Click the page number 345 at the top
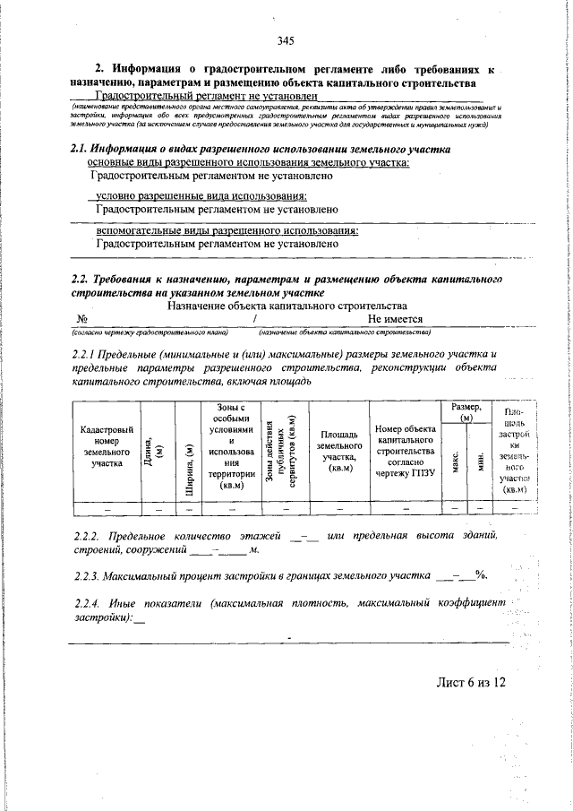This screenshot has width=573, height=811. coord(286,40)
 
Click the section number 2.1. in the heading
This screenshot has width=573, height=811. coord(84,150)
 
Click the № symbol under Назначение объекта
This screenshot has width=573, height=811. coord(81,318)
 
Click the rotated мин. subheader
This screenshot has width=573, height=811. coord(479,463)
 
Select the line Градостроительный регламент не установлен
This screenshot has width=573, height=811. coord(207,96)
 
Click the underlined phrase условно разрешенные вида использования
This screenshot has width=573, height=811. coord(201,196)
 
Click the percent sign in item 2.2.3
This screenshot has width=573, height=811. coord(481,574)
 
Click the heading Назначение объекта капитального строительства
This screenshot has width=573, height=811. coord(286,305)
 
